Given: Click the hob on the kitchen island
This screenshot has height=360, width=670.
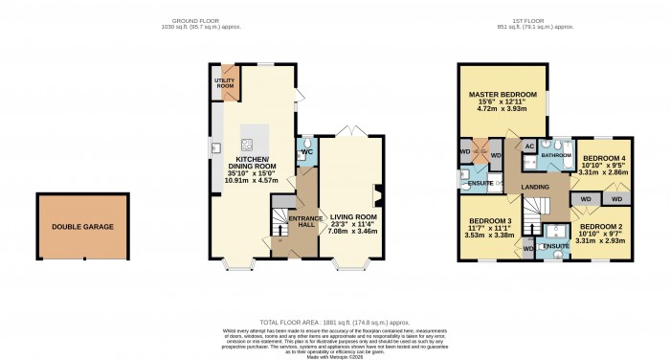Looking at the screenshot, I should click(247, 146).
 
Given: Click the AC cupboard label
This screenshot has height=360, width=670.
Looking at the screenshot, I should click(527, 146).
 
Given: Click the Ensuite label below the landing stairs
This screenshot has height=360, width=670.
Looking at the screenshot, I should click(554, 247).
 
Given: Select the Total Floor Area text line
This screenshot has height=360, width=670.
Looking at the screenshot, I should click(334, 325).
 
